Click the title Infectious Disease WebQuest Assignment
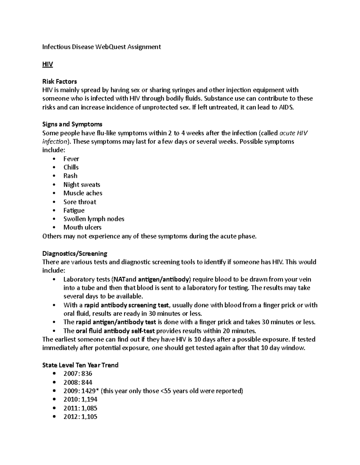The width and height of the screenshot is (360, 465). (x=101, y=47)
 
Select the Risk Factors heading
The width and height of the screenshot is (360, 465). (x=59, y=81)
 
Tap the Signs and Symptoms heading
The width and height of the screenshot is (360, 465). (x=72, y=124)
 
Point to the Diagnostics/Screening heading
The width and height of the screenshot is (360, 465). (x=75, y=254)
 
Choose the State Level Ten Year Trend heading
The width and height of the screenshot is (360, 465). (x=80, y=365)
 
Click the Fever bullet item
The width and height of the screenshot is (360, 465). (x=71, y=159)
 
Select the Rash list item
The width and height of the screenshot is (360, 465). (x=70, y=176)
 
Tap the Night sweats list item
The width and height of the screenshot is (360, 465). (x=82, y=184)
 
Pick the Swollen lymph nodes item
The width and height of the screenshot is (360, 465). (x=94, y=219)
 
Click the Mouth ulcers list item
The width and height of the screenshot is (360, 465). (x=82, y=227)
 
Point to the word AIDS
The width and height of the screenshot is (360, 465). (x=287, y=107)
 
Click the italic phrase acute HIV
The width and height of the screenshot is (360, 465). (x=293, y=133)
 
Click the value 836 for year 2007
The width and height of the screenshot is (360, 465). (x=86, y=373)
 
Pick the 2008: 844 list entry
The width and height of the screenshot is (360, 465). (x=78, y=382)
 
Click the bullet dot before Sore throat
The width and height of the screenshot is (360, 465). (x=54, y=202)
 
